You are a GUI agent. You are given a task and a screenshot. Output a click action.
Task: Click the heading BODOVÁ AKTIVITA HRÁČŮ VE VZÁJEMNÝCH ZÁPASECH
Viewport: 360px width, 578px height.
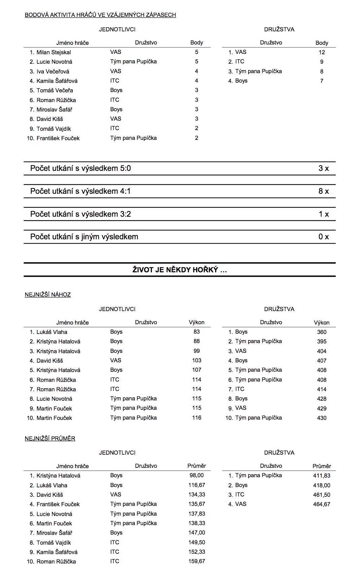pos(100,15)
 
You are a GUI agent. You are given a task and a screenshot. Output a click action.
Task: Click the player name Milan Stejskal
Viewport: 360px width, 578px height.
pos(54,52)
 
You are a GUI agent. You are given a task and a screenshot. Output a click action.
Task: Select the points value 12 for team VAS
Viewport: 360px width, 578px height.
pos(322,52)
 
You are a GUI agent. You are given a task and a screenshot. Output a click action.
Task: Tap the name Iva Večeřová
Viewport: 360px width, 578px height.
pos(53,71)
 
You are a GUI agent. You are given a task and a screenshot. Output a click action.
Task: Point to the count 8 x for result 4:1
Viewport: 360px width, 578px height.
pos(323,191)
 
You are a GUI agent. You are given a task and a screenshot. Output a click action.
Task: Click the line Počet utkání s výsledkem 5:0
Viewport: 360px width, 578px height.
pos(80,168)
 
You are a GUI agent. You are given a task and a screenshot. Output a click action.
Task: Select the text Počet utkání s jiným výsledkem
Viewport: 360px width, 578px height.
pos(84,237)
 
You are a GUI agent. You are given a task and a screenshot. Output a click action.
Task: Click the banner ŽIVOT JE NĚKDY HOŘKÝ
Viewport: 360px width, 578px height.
pos(179,270)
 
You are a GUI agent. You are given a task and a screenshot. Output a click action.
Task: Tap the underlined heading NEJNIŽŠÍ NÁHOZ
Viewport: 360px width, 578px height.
pos(48,295)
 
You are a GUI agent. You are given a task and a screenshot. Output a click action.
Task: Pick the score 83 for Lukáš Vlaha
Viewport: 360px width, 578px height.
pos(197,332)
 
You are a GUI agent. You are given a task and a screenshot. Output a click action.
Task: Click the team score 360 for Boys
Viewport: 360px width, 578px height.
pos(322,332)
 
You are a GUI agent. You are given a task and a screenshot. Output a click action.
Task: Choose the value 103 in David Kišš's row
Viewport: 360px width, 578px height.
pos(197,360)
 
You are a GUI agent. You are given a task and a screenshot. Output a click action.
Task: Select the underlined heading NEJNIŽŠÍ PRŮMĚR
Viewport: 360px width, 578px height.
pos(50,438)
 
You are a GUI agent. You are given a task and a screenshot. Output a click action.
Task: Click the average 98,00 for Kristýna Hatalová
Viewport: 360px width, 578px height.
pos(197,475)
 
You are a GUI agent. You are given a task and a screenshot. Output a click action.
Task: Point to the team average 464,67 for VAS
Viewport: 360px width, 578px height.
pos(322,504)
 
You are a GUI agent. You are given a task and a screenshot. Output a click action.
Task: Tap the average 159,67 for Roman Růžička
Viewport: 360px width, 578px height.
pos(197,561)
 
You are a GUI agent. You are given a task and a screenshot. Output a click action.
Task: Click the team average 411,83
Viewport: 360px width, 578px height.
pos(322,476)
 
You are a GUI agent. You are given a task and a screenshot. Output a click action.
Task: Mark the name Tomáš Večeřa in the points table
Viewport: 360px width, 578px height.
pos(55,90)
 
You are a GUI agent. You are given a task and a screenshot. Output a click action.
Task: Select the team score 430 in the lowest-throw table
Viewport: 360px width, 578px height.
pos(322,418)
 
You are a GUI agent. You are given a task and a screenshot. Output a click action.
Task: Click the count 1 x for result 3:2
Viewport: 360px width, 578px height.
pos(324,214)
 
